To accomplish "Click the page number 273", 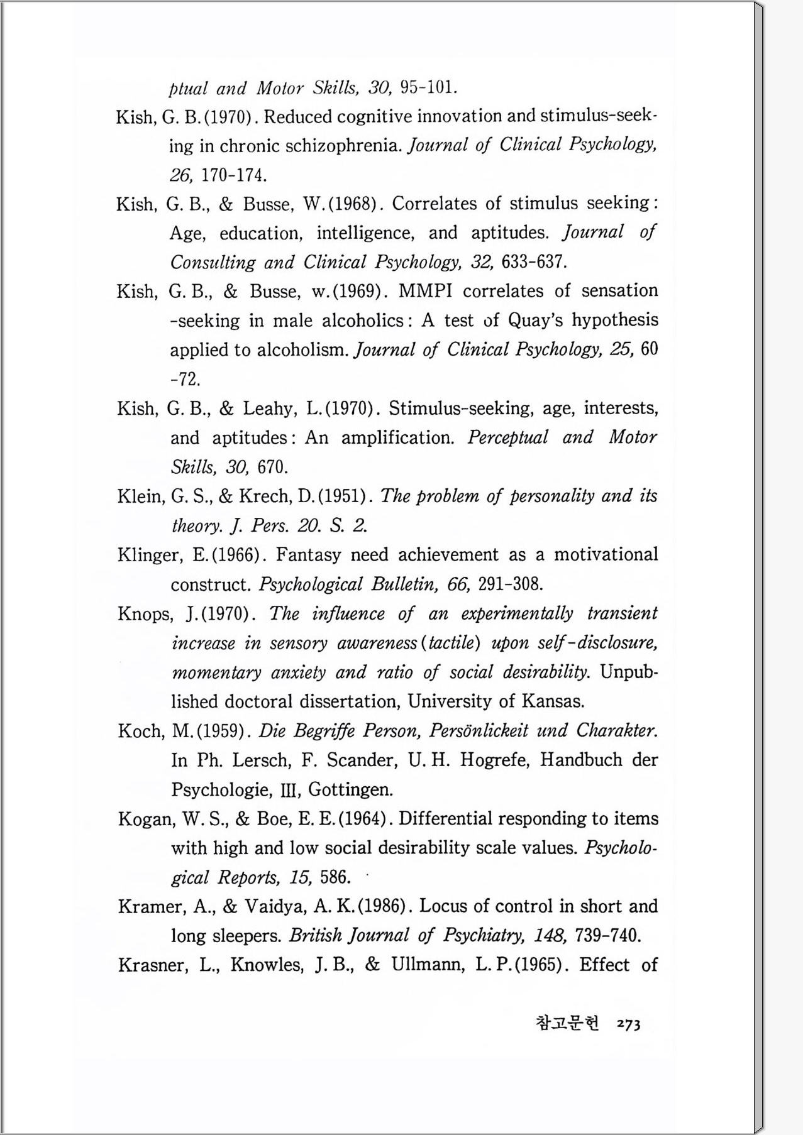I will (x=628, y=1024).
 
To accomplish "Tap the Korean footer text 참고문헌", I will (x=567, y=1023).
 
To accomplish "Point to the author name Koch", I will (x=141, y=731).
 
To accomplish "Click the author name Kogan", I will (x=146, y=819).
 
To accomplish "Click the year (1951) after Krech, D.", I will (x=343, y=496).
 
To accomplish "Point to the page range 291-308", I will (x=510, y=584).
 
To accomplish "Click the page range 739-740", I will (x=607, y=936).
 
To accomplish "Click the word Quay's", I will (x=534, y=321).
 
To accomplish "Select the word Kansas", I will (x=551, y=701).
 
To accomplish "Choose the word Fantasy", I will (x=308, y=556).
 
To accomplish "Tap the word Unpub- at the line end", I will (x=629, y=672).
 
